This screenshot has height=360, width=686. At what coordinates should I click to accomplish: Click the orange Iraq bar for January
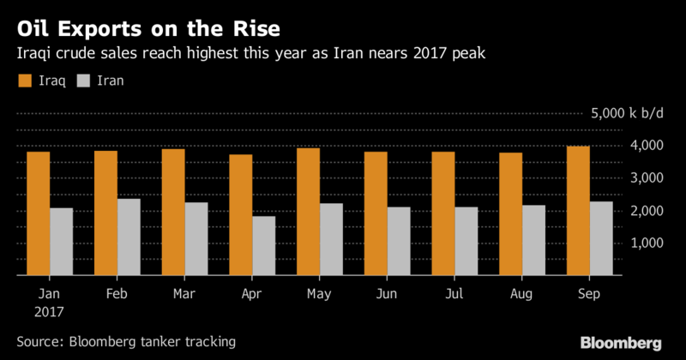pos(38,213)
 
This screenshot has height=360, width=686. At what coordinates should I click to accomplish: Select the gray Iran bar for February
pos(129,237)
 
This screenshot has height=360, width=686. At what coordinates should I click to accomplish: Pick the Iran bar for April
pos(265,246)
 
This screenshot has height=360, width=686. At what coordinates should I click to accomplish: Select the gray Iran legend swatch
pos(83,81)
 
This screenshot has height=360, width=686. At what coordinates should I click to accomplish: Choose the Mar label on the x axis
pos(184,295)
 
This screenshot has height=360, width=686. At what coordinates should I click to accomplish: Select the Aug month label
pos(521,295)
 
